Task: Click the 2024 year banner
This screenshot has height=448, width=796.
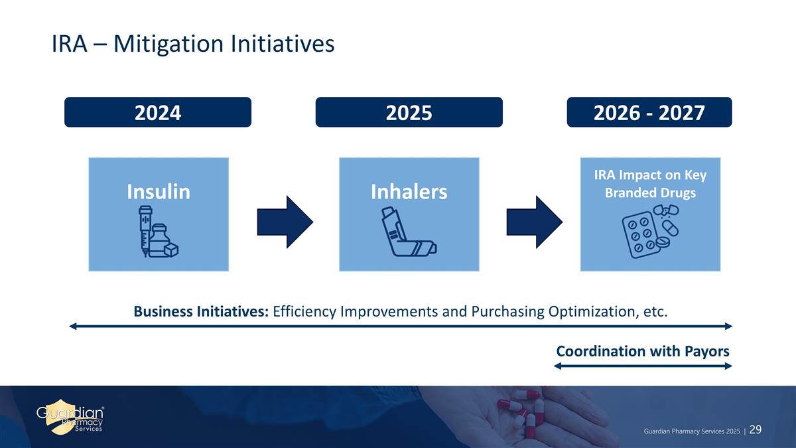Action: click(x=158, y=112)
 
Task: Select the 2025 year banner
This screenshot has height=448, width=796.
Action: click(x=409, y=112)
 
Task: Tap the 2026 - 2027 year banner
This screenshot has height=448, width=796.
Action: click(x=649, y=112)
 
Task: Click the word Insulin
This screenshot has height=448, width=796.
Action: click(x=159, y=192)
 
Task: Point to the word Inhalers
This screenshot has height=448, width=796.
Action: click(x=409, y=192)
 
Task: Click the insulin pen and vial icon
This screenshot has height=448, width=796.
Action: click(x=159, y=231)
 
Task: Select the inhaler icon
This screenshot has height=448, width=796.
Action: click(x=409, y=232)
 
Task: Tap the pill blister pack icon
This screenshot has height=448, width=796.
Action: click(x=650, y=231)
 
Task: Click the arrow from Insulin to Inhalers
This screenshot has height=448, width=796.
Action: click(x=285, y=222)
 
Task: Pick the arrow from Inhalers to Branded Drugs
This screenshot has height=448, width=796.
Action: click(x=535, y=222)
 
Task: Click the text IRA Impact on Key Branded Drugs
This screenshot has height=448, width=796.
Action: click(x=650, y=184)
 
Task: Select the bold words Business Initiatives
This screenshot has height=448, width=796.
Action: click(x=201, y=311)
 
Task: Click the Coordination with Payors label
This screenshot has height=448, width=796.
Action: click(x=643, y=351)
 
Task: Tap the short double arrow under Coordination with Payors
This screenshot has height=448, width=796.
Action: click(x=643, y=366)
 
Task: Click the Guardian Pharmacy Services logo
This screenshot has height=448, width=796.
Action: click(x=70, y=417)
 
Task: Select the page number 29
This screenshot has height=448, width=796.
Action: click(x=755, y=430)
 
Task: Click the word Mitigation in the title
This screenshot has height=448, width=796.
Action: click(x=168, y=44)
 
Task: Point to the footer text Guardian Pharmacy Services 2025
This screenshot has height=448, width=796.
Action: click(x=691, y=431)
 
